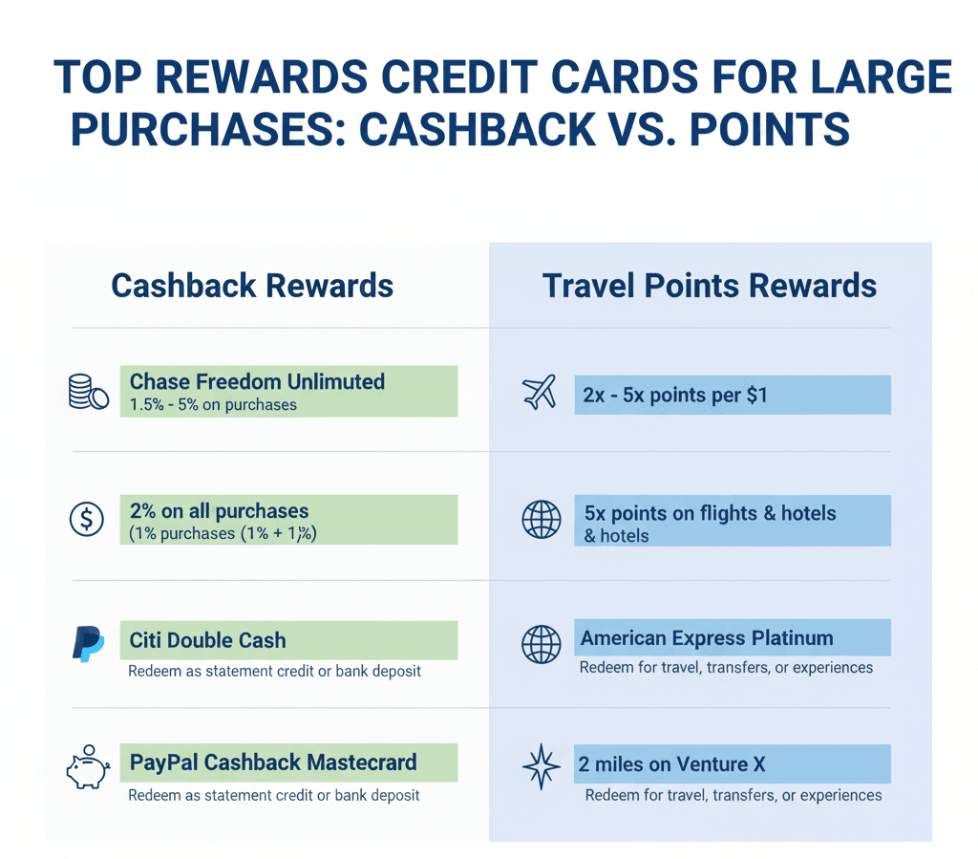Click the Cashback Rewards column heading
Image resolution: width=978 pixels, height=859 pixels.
pyautogui.click(x=252, y=286)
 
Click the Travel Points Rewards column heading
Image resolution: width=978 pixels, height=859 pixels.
pyautogui.click(x=710, y=286)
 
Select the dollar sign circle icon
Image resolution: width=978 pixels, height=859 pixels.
pyautogui.click(x=87, y=519)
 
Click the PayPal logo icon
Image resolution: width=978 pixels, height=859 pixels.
pyautogui.click(x=88, y=644)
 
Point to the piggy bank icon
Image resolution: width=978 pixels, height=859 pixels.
pyautogui.click(x=88, y=767)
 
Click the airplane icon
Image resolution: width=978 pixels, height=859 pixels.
pyautogui.click(x=540, y=393)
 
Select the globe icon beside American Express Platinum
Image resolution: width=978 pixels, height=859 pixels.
pyautogui.click(x=541, y=644)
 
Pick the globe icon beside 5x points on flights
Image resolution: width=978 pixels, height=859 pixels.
pyautogui.click(x=541, y=520)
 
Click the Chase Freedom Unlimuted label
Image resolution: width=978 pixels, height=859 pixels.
pyautogui.click(x=257, y=381)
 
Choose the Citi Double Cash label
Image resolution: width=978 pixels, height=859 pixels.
pyautogui.click(x=207, y=639)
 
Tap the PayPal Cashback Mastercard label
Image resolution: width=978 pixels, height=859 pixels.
pyautogui.click(x=273, y=762)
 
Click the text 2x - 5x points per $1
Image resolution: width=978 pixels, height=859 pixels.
pyautogui.click(x=674, y=395)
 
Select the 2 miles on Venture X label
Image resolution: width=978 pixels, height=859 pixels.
pyautogui.click(x=670, y=763)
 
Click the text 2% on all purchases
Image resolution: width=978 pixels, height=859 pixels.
pyautogui.click(x=219, y=511)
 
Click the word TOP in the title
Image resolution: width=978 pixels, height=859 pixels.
pyautogui.click(x=99, y=77)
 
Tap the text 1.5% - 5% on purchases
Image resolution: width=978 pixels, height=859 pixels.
pyautogui.click(x=213, y=404)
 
